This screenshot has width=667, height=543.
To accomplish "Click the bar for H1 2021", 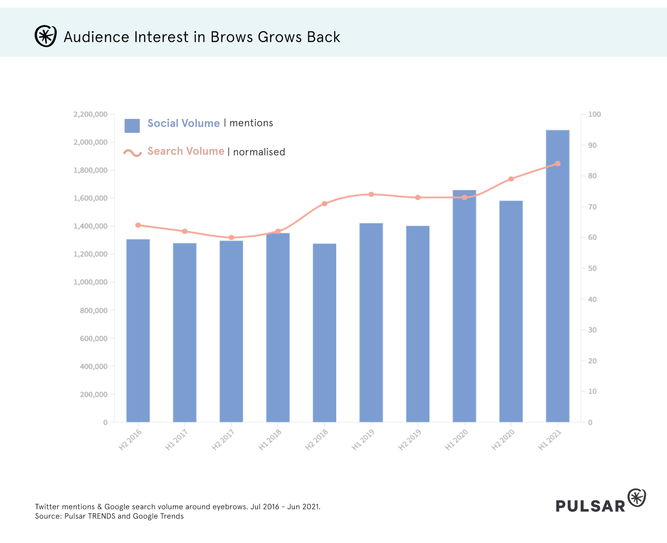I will coord(557,276).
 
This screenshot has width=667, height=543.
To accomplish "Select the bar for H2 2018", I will coord(324,333).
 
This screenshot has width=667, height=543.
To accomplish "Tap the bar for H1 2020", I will coord(464,306).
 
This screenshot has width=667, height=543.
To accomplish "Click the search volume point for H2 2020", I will coord(511,179).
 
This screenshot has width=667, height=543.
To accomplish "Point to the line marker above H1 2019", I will coord(371,194).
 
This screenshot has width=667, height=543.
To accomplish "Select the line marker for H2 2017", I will coord(231,238).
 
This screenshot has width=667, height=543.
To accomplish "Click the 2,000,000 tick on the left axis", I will coord(91,142).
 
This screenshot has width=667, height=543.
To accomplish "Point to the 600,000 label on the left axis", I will coord(94,338).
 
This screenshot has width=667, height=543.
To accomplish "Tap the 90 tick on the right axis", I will coord(592,145).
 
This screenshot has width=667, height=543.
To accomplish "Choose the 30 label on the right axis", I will coord(592,330).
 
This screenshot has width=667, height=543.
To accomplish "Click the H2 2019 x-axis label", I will coord(410,440).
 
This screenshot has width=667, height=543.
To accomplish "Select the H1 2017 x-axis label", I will coord(177,440).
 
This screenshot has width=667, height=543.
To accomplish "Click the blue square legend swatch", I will coord(132,126).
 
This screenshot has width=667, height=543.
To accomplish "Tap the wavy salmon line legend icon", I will coord(132,153).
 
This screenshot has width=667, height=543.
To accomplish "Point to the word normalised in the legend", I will coord(259,152).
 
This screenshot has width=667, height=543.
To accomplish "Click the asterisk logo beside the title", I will coord(46,36).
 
